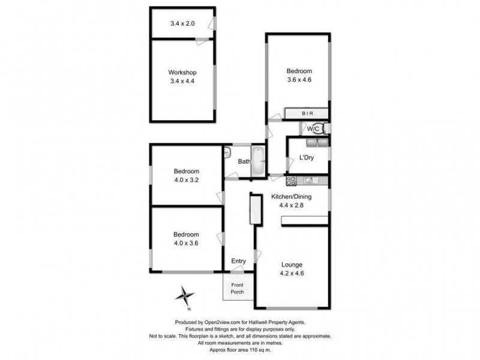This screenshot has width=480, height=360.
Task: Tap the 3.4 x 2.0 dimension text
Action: point(182,23)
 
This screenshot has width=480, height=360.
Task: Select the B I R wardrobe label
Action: point(307,113)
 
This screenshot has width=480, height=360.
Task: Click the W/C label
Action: point(313,128)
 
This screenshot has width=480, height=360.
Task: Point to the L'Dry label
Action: point(299,159)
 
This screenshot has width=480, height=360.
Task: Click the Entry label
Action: point(239,261)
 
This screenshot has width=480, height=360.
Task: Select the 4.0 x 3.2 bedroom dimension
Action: point(186,178)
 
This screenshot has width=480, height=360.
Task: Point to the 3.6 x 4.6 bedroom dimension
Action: point(299,79)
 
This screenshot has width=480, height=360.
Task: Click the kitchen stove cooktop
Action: point(292,179)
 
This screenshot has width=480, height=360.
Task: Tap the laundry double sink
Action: point(316,143)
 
